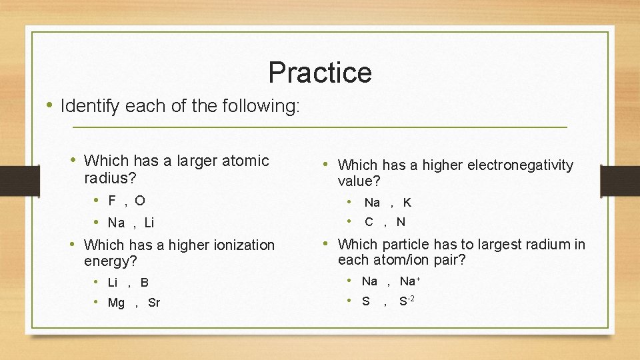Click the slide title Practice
pyautogui.click(x=319, y=72)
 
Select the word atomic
pyautogui.click(x=245, y=161)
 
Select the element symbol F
pyautogui.click(x=112, y=201)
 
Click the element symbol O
pyautogui.click(x=139, y=201)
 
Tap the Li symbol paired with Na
pyautogui.click(x=149, y=223)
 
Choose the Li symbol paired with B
pyautogui.click(x=113, y=283)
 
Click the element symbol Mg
pyautogui.click(x=116, y=303)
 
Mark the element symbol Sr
pyautogui.click(x=154, y=303)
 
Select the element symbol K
pyautogui.click(x=407, y=203)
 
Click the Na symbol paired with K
pyautogui.click(x=372, y=203)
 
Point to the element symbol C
pyautogui.click(x=369, y=222)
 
